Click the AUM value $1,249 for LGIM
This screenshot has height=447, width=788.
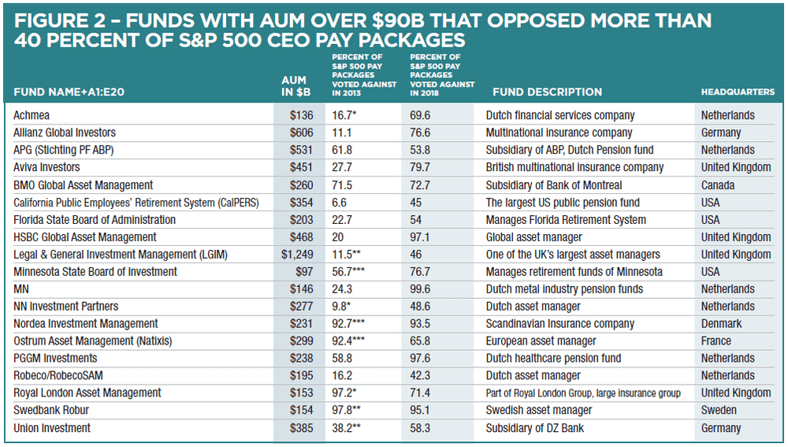[x=297, y=255]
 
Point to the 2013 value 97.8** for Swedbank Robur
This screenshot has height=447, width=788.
[x=351, y=410]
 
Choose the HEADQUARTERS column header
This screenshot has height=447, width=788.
[x=738, y=92]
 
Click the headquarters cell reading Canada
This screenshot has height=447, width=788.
[x=718, y=185]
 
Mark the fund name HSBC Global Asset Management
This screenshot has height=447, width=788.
[x=85, y=237]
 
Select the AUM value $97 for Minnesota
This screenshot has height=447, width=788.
[x=301, y=272]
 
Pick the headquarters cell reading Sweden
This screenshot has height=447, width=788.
[x=719, y=410]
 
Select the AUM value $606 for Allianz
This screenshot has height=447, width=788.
[x=299, y=132]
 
